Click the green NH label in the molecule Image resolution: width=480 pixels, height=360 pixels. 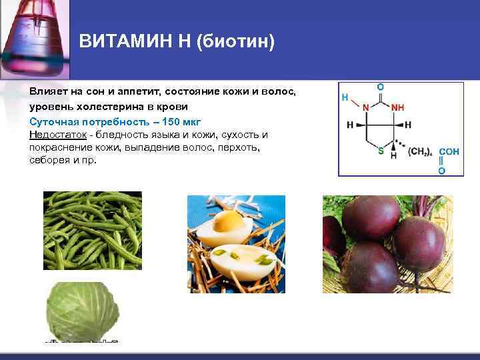click(x=397, y=107)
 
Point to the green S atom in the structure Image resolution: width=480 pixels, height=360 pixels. click(x=381, y=151)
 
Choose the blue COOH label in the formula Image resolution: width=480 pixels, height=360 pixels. click(x=449, y=152)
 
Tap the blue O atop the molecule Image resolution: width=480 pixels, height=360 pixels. click(x=380, y=87)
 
